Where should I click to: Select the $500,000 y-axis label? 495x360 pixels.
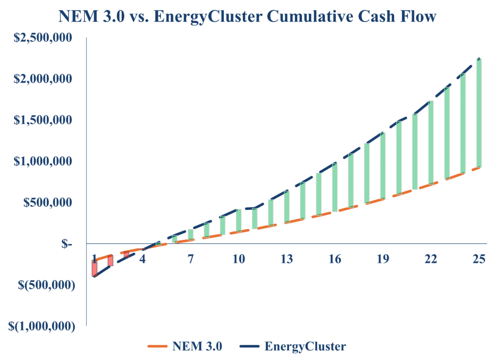click(x=48, y=202)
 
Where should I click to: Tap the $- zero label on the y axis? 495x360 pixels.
click(x=67, y=244)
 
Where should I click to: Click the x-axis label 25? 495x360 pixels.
click(x=479, y=259)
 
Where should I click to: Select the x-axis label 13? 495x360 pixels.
click(x=287, y=259)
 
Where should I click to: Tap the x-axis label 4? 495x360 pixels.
click(x=143, y=259)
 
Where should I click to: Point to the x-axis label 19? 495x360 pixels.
click(x=383, y=259)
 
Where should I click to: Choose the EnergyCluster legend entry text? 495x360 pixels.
click(x=305, y=346)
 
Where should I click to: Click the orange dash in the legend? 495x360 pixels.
click(x=158, y=346)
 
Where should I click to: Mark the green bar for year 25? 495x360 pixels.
click(x=479, y=113)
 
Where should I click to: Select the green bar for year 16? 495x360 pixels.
click(x=335, y=188)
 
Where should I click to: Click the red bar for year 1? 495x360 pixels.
click(x=94, y=268)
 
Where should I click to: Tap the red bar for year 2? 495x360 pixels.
click(x=110, y=260)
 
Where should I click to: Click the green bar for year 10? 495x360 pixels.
click(x=238, y=220)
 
